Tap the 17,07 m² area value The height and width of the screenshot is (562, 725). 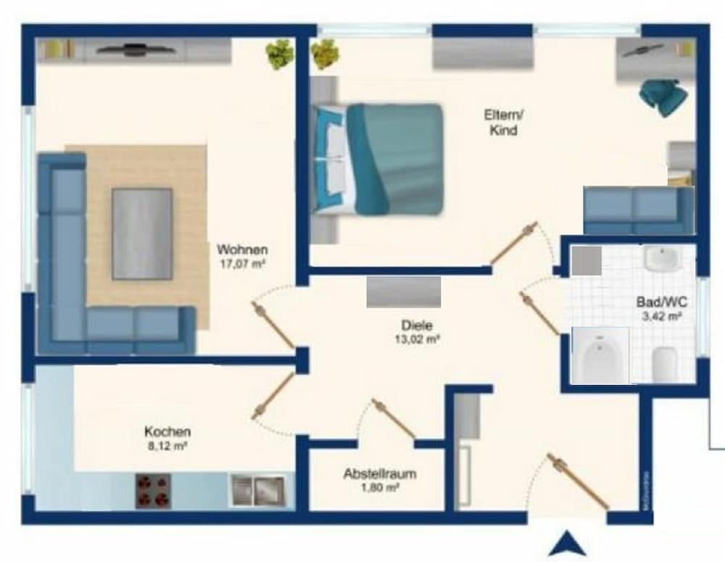[241, 264]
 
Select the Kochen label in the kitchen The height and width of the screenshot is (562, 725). [167, 431]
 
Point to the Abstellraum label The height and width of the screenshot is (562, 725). [379, 474]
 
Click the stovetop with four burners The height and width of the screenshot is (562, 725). [153, 491]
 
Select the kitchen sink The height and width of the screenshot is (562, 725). [257, 490]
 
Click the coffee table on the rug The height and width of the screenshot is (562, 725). [141, 234]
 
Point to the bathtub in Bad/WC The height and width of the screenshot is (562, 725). [600, 355]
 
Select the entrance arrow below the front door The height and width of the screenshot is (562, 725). [567, 543]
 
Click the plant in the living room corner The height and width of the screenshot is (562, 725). [279, 54]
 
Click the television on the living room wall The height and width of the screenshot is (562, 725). [134, 50]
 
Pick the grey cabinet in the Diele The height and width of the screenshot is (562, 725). [403, 292]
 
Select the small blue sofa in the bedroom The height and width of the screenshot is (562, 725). [638, 208]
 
